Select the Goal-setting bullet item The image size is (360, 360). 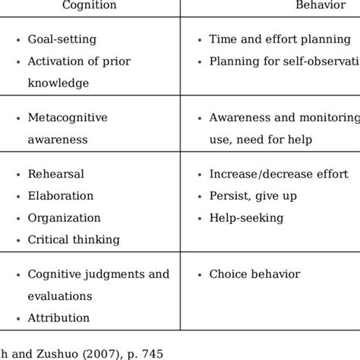tap(62, 39)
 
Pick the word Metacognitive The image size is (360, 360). tap(68, 118)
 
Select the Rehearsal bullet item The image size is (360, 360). tap(55, 174)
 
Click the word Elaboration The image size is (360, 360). tap(61, 196)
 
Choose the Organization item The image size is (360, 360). tap(64, 217)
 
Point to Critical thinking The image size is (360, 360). tap(74, 239)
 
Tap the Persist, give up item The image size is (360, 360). tap(252, 196)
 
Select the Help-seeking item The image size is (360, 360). tap(246, 217)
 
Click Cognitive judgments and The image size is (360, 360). tap(99, 274)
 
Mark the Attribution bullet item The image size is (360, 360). tap(58, 318)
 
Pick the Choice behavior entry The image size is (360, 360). tap(255, 274)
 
